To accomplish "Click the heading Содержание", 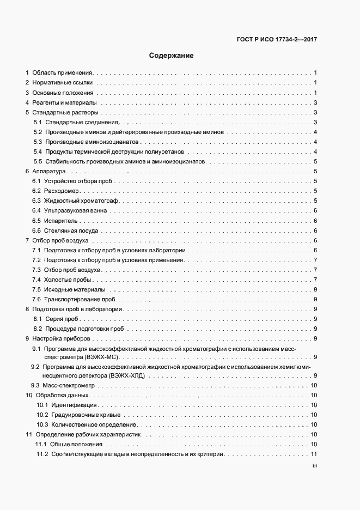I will click(171, 56).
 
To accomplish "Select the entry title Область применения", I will click(63, 72).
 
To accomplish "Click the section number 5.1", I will click(38, 123).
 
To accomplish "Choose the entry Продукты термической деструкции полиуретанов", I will click(114, 151).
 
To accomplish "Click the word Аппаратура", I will click(49, 172).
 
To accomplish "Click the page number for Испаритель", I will click(315, 221).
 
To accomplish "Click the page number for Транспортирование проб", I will click(315, 300).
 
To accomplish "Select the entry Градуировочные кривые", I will click(79, 415).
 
